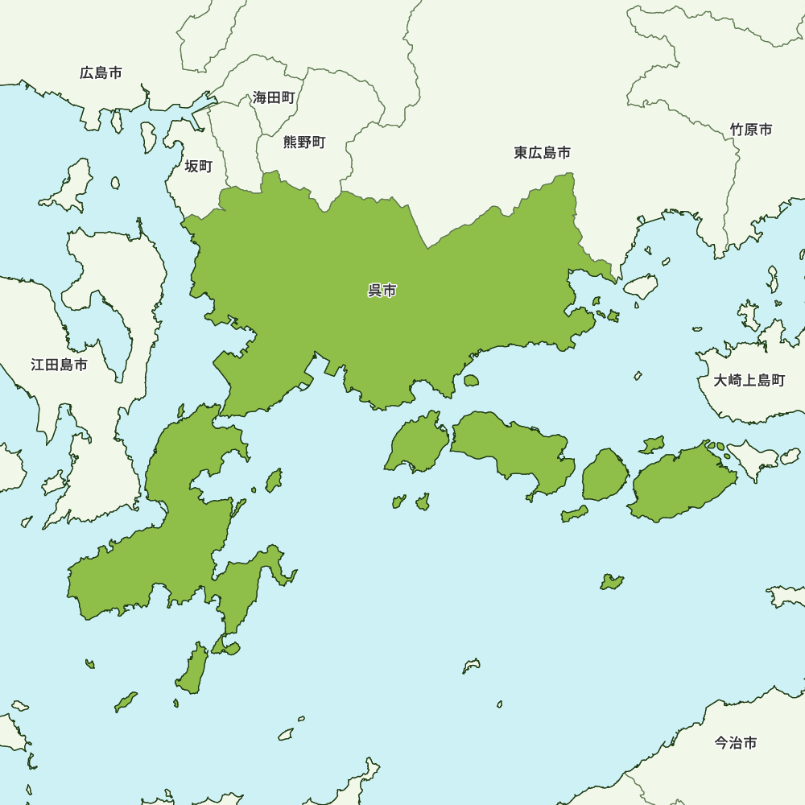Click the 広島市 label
point(101,73)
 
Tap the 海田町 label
point(274,97)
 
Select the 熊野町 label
point(304,142)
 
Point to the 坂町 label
point(199,167)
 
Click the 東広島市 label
point(543,152)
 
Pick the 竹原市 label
point(751,130)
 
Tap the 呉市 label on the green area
point(382,291)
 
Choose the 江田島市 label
point(60,365)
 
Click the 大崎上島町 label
point(749,380)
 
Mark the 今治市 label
point(736,743)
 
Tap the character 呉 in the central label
point(375,291)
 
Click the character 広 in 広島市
point(87,73)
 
